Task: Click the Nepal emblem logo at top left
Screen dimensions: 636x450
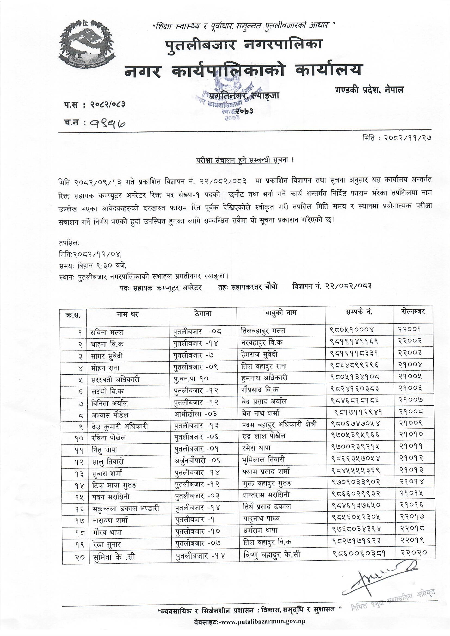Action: coord(87,43)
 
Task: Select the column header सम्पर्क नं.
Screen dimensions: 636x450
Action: coord(359,312)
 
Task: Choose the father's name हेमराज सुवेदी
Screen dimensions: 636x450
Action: coord(259,354)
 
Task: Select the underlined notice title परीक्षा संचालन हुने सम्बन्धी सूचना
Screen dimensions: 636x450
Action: coord(245,161)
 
